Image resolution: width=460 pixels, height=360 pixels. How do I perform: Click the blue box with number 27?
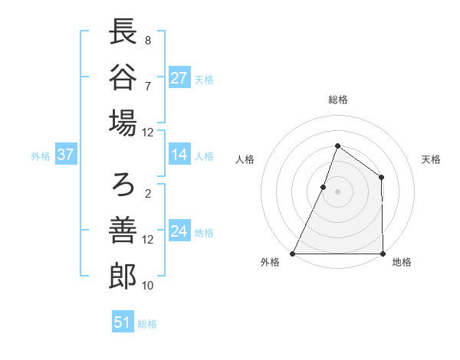click(x=179, y=78)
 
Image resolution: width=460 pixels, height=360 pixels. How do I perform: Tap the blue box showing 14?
click(x=179, y=155)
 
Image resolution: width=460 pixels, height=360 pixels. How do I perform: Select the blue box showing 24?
click(x=179, y=231)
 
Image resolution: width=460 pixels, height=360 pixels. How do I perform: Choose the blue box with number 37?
click(x=65, y=155)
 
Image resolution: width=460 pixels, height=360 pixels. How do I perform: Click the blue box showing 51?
click(x=123, y=322)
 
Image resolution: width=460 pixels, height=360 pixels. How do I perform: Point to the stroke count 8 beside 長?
click(x=147, y=41)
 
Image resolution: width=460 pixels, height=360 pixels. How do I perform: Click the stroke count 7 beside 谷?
click(x=147, y=86)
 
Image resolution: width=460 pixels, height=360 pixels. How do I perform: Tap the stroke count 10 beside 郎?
click(x=148, y=285)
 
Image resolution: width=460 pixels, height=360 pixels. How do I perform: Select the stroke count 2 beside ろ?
click(x=147, y=194)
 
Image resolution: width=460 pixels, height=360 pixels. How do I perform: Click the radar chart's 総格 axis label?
click(x=337, y=100)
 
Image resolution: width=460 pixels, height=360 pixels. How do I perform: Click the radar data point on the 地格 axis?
click(x=383, y=254)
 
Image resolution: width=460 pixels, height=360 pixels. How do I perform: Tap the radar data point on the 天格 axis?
click(x=381, y=178)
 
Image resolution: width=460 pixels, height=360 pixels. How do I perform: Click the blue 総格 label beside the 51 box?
click(x=147, y=324)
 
